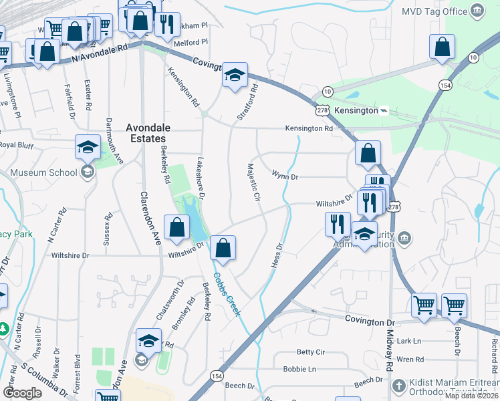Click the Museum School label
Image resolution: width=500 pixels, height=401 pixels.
tap(44, 172)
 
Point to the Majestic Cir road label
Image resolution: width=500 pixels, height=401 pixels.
tap(253, 182)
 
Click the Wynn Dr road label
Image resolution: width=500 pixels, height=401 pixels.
tap(284, 176)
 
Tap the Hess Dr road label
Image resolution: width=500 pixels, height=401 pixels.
tap(277, 255)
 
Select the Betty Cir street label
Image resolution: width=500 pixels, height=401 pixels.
tap(310, 352)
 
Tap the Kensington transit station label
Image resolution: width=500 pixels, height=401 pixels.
tap(356, 110)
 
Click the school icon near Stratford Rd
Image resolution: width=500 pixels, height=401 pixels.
tap(235, 75)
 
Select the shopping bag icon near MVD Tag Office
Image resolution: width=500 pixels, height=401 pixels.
tap(442, 47)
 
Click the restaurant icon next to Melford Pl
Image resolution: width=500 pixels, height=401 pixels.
tap(167, 24)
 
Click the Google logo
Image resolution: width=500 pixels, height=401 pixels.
tap(23, 393)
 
